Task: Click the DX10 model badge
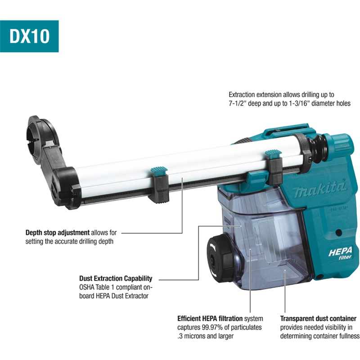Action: coord(29,36)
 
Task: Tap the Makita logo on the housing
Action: coord(319,189)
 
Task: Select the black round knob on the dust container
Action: coord(220,258)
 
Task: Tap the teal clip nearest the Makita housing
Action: coord(273,154)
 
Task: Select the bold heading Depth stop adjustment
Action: coord(58,233)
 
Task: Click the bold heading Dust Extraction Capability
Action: coord(116,278)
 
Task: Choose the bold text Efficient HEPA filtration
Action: coord(210,319)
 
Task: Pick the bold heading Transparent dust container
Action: coord(318,319)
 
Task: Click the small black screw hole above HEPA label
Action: coord(338,233)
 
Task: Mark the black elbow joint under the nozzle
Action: coord(64,184)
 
